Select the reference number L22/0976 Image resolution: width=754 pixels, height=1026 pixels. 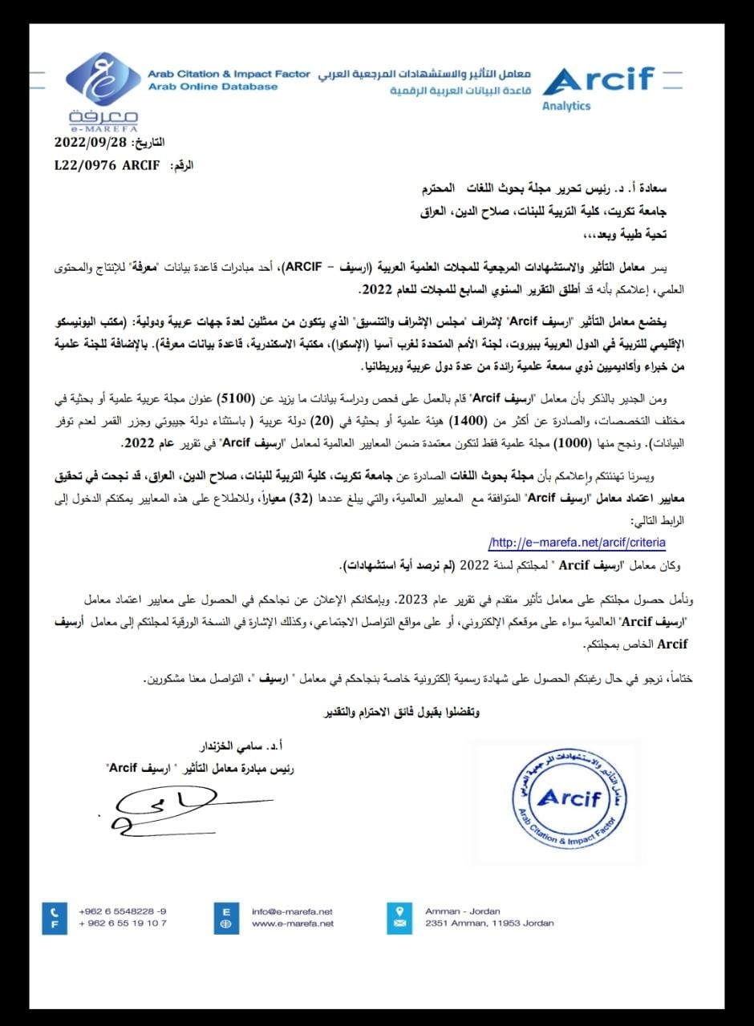coord(83,165)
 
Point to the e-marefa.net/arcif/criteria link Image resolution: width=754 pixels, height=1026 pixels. coord(577,543)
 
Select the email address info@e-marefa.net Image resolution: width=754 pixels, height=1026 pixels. coord(292,911)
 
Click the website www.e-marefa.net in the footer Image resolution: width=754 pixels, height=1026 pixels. coord(292,923)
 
